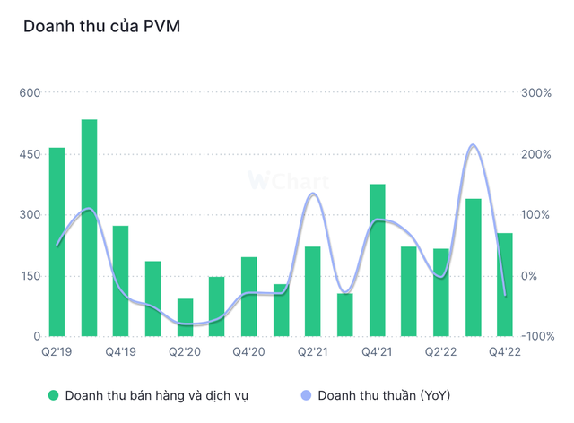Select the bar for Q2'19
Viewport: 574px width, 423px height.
57,242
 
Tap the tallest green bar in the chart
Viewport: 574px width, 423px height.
89,228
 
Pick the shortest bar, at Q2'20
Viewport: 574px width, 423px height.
185,317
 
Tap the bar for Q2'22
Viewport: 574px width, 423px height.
441,292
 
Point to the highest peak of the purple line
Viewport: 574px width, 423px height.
473,145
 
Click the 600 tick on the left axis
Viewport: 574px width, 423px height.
30,92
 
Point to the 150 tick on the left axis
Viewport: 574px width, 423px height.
30,275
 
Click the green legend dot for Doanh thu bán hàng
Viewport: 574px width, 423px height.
53,394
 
